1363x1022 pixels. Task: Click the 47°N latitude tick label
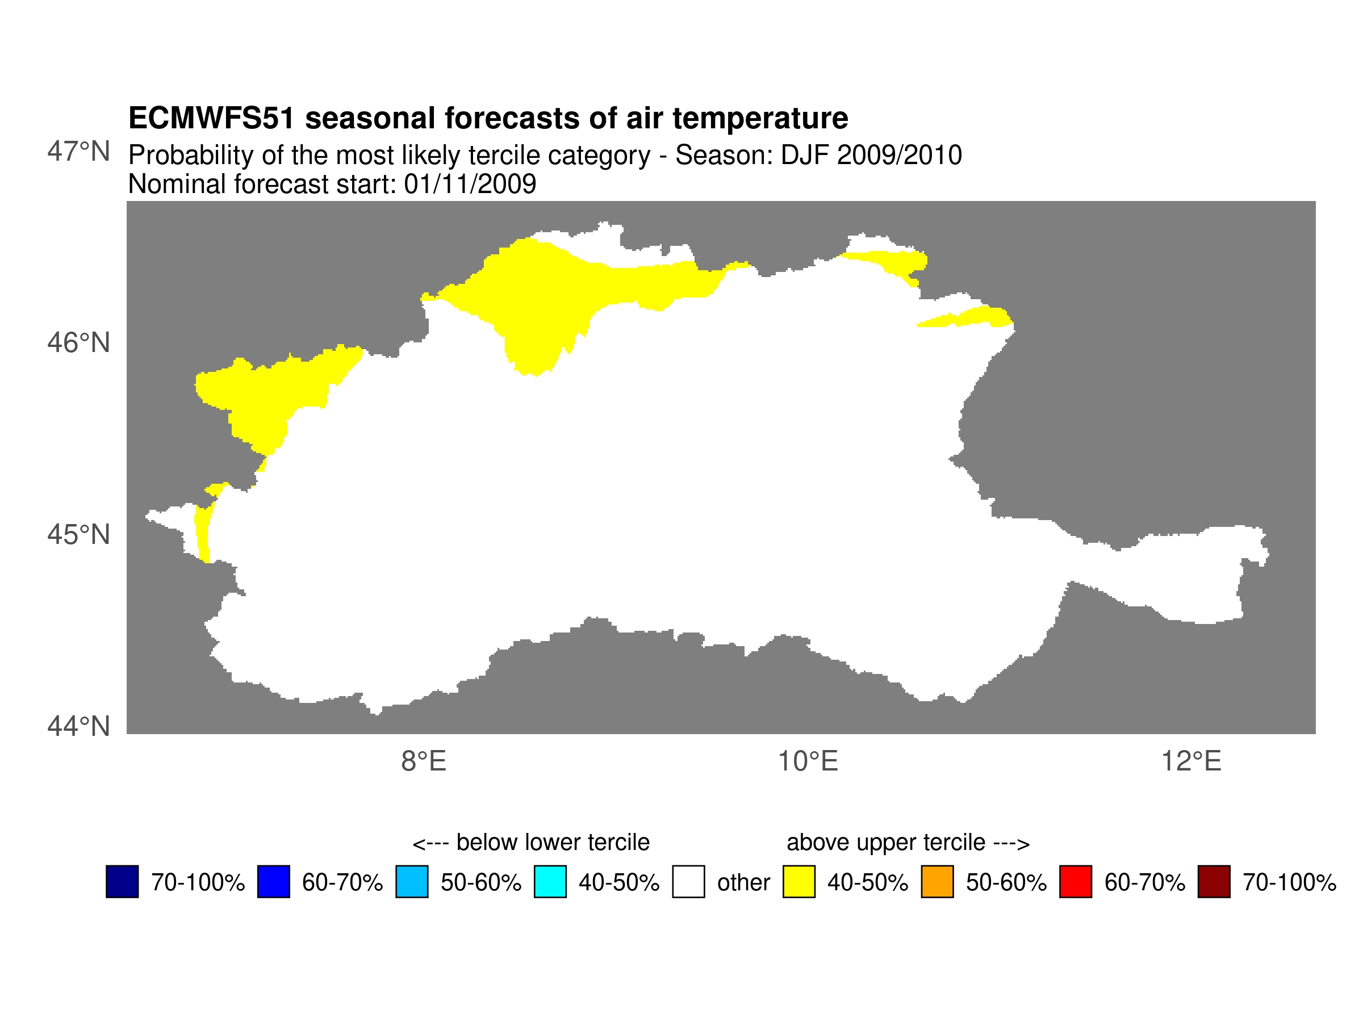pos(78,152)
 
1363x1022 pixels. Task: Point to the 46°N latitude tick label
pos(78,343)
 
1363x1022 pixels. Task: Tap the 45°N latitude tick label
pos(78,535)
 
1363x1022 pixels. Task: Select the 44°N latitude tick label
pos(78,726)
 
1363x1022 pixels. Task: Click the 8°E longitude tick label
pos(423,762)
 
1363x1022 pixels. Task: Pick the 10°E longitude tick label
pos(807,762)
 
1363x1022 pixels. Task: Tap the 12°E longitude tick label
pos(1191,762)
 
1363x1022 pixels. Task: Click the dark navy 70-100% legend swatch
pos(122,882)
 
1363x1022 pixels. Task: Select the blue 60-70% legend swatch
pos(273,882)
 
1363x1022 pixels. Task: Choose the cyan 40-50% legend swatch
pos(550,882)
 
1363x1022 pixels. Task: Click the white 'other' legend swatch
pos(688,882)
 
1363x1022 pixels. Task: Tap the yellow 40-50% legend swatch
pos(798,882)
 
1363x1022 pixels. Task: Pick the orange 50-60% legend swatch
pos(937,882)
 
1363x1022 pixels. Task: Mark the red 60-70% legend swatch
pos(1075,882)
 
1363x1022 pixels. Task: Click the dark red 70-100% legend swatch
pos(1214,882)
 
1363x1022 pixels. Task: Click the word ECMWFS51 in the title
pos(211,118)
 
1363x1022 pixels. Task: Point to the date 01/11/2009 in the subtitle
pos(470,184)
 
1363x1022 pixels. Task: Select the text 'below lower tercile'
pos(553,842)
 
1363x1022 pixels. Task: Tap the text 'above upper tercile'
pos(885,842)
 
